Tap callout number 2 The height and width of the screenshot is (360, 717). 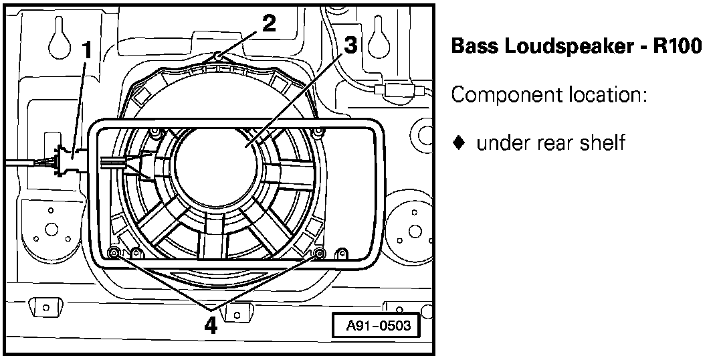point(268,23)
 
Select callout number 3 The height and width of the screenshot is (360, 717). point(350,46)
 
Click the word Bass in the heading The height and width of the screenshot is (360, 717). point(475,47)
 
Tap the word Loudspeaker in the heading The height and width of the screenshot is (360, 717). point(571,47)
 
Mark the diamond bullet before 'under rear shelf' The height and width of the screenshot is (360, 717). point(458,143)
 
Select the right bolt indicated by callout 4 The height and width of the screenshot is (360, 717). point(319,253)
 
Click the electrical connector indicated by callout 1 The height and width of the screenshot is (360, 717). point(67,161)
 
